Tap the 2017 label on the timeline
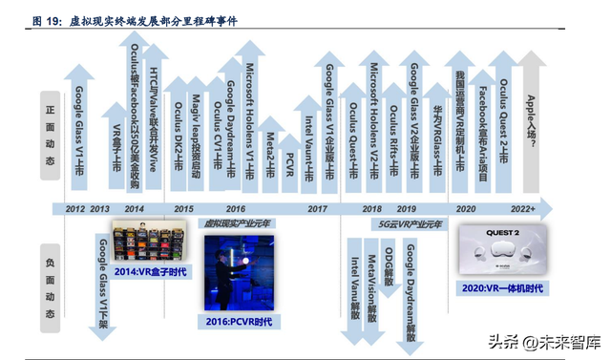pos(318,208)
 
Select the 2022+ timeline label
pos(522,208)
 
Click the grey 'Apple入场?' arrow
pos(534,124)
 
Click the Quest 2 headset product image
pos(502,250)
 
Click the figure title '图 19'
pos(47,19)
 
